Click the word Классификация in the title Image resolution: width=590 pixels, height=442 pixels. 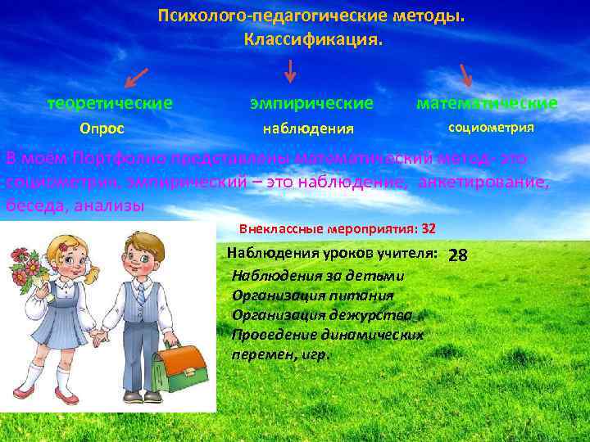click(311, 38)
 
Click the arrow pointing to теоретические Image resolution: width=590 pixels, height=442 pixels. click(136, 78)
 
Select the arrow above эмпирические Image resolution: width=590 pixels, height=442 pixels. click(289, 73)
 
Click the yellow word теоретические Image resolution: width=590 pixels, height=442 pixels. click(110, 103)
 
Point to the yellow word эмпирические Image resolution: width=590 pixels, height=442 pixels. click(311, 103)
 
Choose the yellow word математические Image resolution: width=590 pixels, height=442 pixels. click(487, 103)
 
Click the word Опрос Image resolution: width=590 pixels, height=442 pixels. click(102, 129)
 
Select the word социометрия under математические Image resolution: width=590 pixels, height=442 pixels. click(491, 128)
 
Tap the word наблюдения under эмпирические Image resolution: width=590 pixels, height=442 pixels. click(307, 129)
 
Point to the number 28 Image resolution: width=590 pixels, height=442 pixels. click(458, 255)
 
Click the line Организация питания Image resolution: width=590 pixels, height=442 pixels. click(312, 295)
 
